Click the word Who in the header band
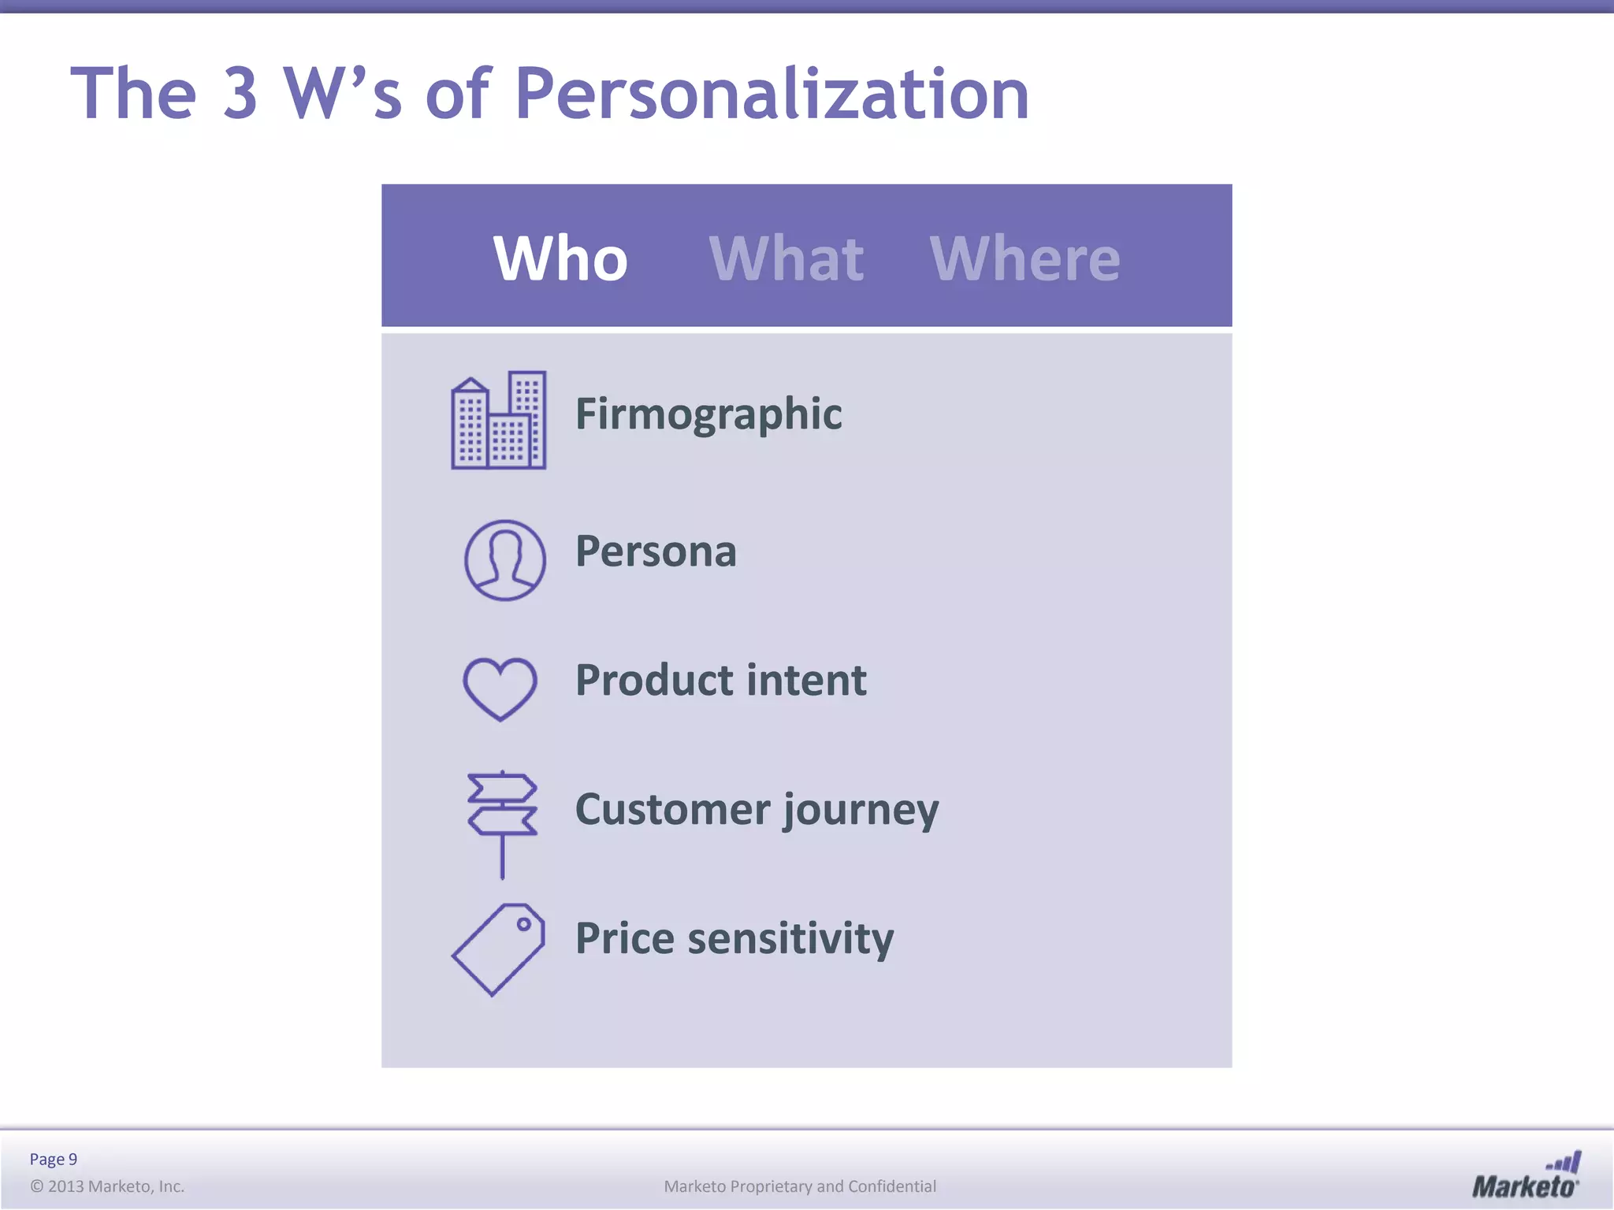560,258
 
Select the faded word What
787,258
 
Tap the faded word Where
1025,258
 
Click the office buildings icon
499,421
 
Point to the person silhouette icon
504,560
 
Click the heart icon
500,689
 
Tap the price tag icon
499,949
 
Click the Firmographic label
708,414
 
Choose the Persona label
656,551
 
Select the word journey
861,811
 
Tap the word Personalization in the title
772,95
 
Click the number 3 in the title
240,93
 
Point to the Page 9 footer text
54,1159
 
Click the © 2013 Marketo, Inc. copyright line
107,1186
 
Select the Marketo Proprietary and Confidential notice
800,1186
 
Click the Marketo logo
1526,1175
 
